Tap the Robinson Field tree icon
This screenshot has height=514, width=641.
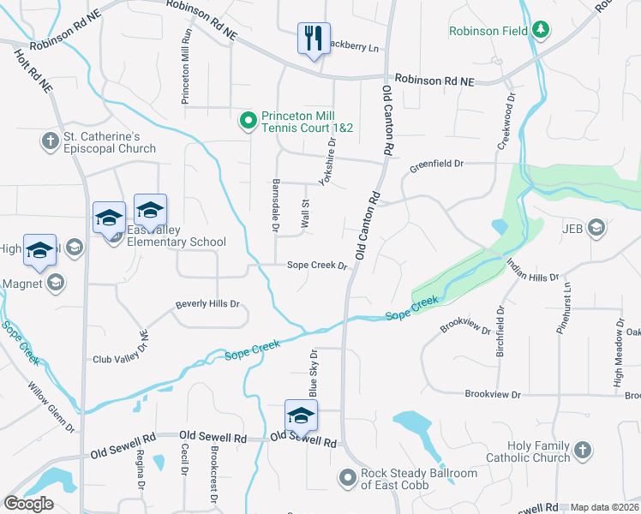point(541,31)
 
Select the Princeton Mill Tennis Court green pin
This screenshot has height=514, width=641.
point(248,121)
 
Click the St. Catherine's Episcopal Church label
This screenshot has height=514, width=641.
point(111,142)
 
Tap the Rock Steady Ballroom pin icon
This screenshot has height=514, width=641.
point(347,476)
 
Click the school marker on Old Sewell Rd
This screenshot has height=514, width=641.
point(301,416)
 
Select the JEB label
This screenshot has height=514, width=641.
point(572,229)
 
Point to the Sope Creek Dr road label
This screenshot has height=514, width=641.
point(316,266)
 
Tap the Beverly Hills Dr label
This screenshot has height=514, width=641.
point(207,304)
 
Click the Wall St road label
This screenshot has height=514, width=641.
point(304,214)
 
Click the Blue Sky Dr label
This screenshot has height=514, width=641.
point(313,373)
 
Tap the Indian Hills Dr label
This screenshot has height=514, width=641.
point(532,271)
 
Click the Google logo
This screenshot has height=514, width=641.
point(28,504)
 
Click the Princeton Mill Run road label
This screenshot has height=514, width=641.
point(184,67)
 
